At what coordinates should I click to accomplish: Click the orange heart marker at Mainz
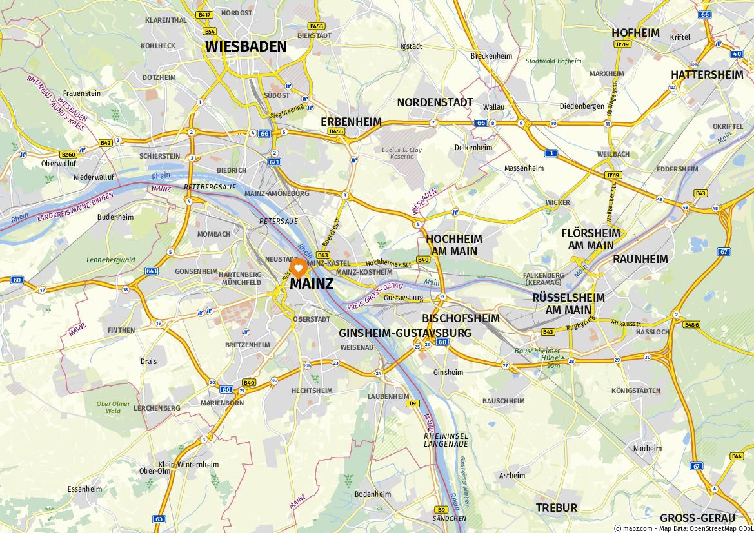tap(299, 267)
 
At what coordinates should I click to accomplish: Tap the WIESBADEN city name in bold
tap(246, 46)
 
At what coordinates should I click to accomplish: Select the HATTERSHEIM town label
tap(707, 74)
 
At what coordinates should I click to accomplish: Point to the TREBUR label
tap(556, 508)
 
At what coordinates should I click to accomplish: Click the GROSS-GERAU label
tap(697, 518)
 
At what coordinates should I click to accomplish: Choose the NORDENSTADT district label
tap(435, 102)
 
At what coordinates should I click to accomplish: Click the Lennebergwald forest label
tap(111, 260)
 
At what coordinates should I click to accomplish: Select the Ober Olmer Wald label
tap(114, 407)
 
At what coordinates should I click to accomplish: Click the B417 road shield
tap(205, 14)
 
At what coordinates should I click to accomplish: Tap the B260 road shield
tap(68, 155)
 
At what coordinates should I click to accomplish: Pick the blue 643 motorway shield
tap(152, 271)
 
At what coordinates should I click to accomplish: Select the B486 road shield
tap(691, 325)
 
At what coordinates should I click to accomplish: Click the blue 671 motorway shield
tap(275, 162)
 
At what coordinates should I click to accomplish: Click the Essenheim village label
tap(84, 489)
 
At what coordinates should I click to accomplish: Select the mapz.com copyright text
tap(683, 528)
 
